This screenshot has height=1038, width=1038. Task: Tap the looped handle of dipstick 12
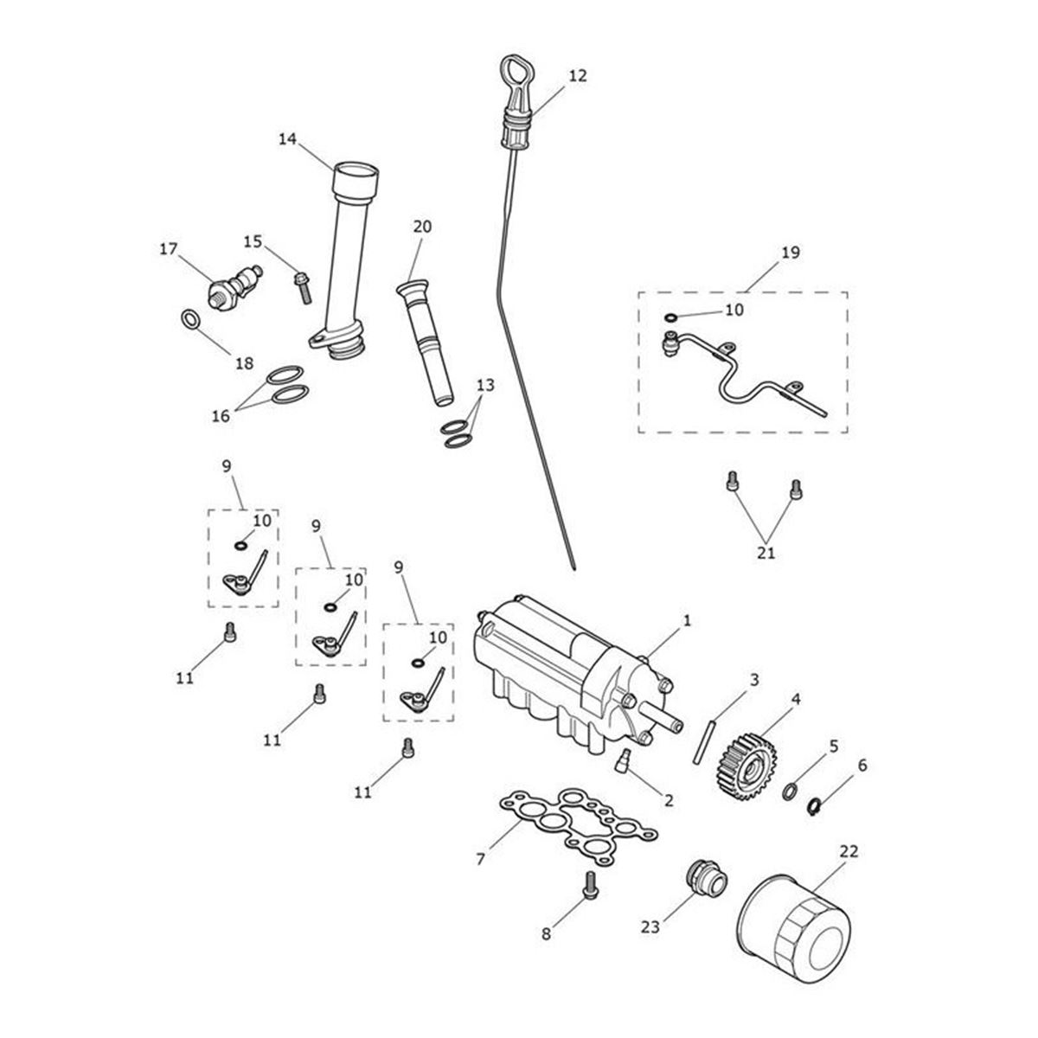[512, 69]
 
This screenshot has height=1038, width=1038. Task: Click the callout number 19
[790, 253]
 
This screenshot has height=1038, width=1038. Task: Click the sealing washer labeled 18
[192, 321]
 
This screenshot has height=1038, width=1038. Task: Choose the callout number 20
[421, 227]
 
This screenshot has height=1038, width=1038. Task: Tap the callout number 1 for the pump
[688, 620]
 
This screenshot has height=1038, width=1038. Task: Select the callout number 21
[766, 552]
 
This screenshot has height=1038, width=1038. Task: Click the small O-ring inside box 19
[671, 317]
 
